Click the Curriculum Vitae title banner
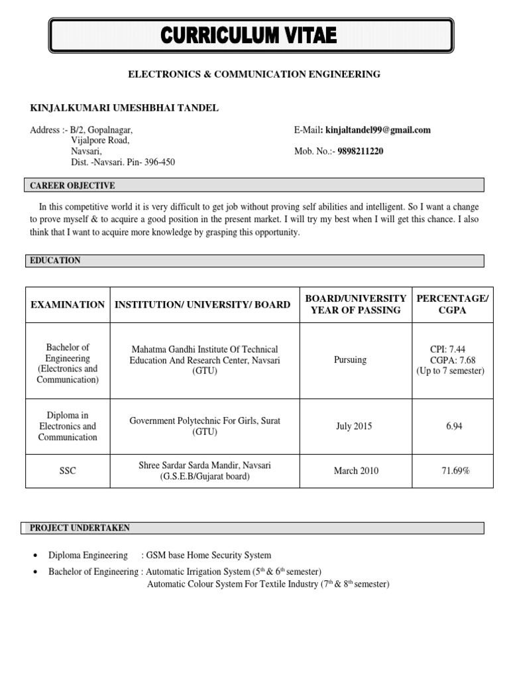[x=251, y=35]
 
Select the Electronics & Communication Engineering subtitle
[x=254, y=74]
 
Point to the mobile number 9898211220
[x=360, y=151]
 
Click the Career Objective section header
[x=73, y=186]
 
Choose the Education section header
[x=56, y=261]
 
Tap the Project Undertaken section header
[x=80, y=528]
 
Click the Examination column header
[x=68, y=304]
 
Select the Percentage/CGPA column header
[x=452, y=304]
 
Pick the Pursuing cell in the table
[x=351, y=360]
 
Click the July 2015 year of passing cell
[x=354, y=426]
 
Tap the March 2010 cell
[x=356, y=471]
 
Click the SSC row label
[x=68, y=471]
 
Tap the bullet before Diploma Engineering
[x=34, y=556]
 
